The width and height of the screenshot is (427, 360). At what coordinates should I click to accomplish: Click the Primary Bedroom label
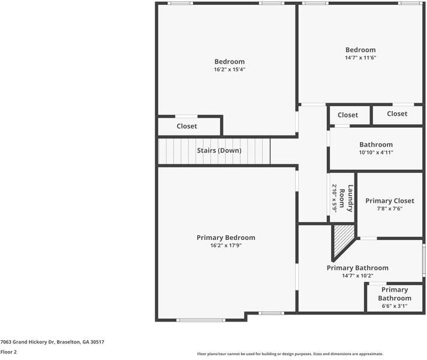click(225, 238)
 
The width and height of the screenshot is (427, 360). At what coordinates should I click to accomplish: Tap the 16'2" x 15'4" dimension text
click(230, 70)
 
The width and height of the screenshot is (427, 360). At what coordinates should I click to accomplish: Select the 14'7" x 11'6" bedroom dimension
click(360, 58)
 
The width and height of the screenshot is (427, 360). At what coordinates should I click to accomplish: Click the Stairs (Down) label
click(219, 151)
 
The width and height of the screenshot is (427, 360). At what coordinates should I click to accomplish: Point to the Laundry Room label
click(347, 198)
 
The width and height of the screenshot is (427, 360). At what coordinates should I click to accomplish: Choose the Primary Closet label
click(390, 201)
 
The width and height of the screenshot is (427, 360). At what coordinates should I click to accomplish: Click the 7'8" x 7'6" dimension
click(390, 209)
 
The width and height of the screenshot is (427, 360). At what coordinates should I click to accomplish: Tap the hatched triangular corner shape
click(342, 238)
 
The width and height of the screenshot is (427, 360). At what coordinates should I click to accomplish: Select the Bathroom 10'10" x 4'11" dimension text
click(376, 152)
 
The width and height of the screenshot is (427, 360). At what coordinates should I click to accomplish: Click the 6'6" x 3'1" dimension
click(394, 306)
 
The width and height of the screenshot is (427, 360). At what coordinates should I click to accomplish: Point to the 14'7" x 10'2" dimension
click(357, 276)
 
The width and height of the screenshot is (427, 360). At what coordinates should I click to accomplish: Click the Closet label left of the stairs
click(187, 127)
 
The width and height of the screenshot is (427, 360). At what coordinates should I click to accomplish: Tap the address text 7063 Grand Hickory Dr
click(52, 342)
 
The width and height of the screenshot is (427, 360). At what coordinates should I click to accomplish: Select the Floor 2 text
click(8, 352)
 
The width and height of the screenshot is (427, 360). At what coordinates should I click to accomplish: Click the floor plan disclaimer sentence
click(290, 354)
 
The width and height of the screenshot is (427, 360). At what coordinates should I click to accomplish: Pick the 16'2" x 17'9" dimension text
click(225, 245)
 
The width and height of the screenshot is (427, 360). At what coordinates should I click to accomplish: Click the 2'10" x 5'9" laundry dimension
click(335, 198)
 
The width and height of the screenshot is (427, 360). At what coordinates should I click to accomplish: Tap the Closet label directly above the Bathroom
click(347, 115)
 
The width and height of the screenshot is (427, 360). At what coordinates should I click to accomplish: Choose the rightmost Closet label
click(397, 114)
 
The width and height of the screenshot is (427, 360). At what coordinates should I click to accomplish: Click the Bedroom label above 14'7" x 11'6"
click(360, 50)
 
